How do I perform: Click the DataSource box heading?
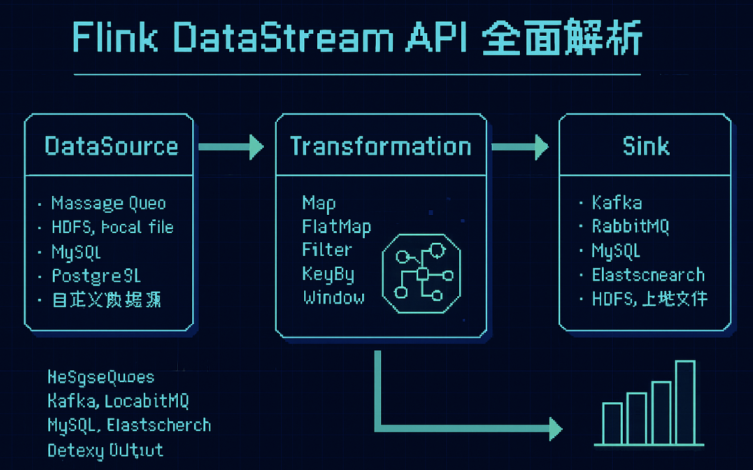(x=111, y=146)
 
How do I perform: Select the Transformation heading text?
(x=380, y=146)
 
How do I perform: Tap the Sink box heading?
(x=646, y=146)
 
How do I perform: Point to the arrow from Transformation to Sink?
(x=519, y=147)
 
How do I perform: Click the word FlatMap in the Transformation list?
(x=336, y=227)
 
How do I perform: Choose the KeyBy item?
(x=328, y=274)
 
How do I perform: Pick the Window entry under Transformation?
(x=334, y=298)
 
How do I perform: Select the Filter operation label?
(x=327, y=250)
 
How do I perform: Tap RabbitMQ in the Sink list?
(x=631, y=227)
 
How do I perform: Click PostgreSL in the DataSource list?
(x=96, y=275)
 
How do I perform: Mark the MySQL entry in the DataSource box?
(x=76, y=251)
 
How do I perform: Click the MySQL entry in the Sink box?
(x=616, y=251)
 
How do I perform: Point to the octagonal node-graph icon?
(x=421, y=274)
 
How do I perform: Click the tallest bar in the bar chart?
(x=685, y=402)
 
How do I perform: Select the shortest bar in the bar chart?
(x=612, y=423)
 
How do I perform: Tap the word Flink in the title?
(x=115, y=38)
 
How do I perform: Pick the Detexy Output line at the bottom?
(x=105, y=450)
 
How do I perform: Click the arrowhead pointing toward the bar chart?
(x=554, y=428)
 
